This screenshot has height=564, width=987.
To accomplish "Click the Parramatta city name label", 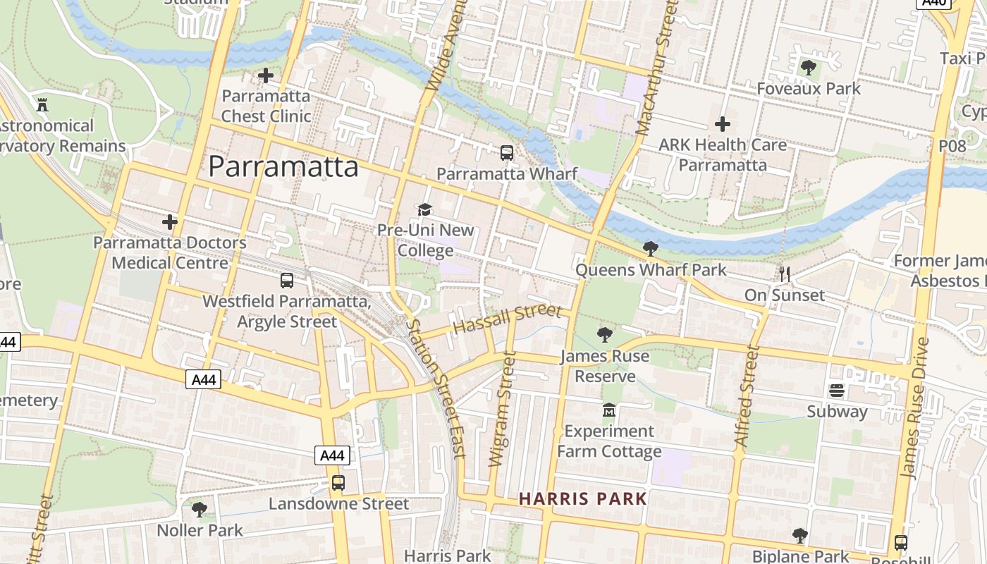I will (283, 167).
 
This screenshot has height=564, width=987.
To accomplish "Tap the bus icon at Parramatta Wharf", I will (506, 152).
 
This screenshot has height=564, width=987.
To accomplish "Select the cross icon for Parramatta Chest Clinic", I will (266, 75).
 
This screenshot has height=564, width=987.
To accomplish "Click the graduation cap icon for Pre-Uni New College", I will (424, 209).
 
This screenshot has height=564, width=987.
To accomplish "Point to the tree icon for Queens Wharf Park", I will (650, 248).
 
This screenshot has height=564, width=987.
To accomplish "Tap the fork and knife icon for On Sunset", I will (784, 274).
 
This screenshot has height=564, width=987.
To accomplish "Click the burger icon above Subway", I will (837, 390).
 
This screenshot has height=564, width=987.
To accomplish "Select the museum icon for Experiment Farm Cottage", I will (608, 410).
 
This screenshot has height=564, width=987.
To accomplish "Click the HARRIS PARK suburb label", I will (583, 499).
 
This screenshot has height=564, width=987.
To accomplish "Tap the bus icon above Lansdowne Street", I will (338, 483).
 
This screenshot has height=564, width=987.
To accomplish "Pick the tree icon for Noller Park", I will (200, 508).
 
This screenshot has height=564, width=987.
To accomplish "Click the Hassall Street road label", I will (507, 319).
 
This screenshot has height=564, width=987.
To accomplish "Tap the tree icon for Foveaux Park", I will (808, 68).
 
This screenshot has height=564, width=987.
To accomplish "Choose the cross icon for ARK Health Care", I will (722, 124).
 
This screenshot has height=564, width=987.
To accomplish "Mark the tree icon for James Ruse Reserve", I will (604, 334).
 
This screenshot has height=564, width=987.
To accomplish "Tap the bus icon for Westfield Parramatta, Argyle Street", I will (287, 280).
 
